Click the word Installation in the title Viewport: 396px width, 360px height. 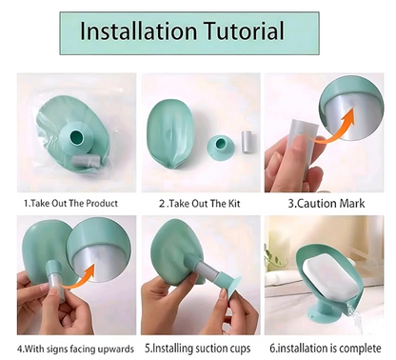pyautogui.click(x=139, y=31)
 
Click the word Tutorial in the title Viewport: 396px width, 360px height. pyautogui.click(x=242, y=31)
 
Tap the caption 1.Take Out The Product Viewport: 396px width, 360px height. pyautogui.click(x=72, y=203)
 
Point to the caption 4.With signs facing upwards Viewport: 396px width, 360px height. pyautogui.click(x=72, y=349)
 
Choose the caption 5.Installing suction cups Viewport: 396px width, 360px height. pyautogui.click(x=198, y=349)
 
